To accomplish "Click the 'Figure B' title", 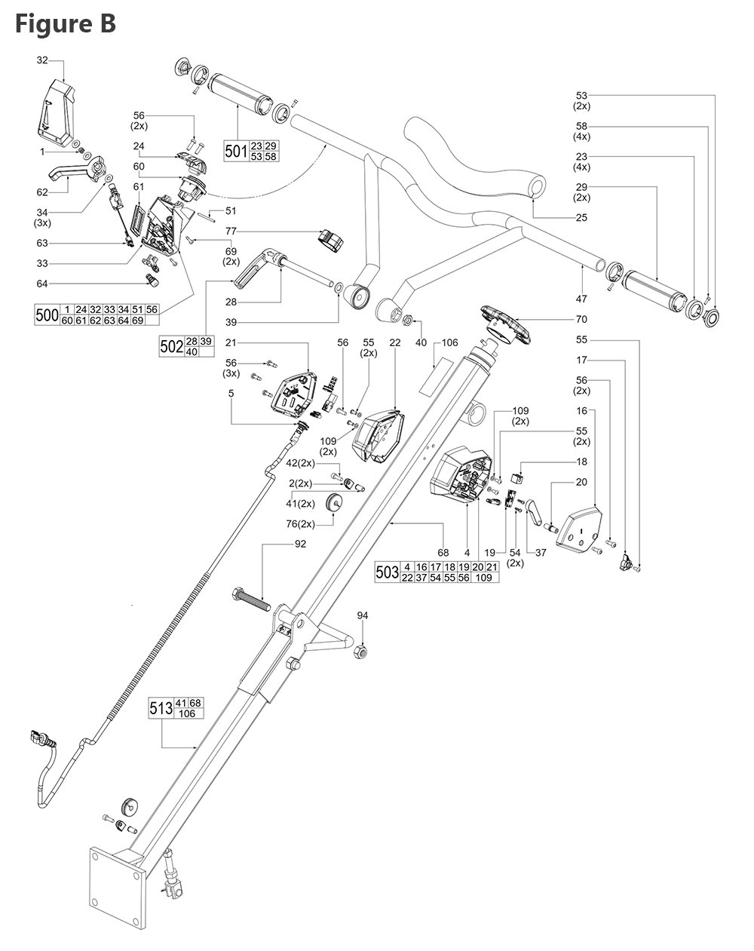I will (65, 23).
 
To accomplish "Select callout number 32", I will (42, 60).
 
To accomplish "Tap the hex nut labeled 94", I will (360, 651).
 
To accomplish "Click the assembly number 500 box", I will (48, 314).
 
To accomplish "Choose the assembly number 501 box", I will (236, 151).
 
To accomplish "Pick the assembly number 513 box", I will (161, 708).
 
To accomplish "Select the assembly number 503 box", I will (387, 572).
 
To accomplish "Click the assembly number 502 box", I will (171, 346).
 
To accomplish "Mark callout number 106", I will (449, 342).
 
